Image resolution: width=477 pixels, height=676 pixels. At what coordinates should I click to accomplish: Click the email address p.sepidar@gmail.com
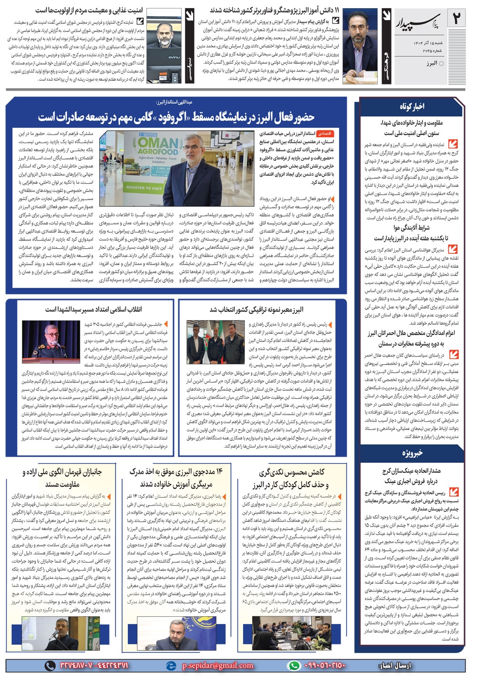click(x=218, y=666)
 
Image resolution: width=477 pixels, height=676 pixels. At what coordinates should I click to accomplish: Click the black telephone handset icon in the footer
click(x=50, y=666)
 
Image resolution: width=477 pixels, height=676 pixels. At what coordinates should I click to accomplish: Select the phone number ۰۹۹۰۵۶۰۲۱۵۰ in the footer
click(x=324, y=666)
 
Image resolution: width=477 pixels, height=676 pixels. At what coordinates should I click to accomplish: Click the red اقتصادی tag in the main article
click(x=324, y=134)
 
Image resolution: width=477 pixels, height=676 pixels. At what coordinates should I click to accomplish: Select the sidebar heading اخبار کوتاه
click(x=412, y=106)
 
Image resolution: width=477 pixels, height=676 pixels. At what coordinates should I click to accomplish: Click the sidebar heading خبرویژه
click(x=412, y=452)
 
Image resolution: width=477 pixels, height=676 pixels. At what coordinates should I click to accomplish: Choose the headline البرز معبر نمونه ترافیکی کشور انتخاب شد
click(x=257, y=310)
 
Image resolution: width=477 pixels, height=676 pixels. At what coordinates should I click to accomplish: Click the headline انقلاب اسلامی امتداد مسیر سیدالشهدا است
click(x=93, y=310)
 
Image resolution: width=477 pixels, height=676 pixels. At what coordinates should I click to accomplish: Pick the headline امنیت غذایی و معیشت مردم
click(x=89, y=10)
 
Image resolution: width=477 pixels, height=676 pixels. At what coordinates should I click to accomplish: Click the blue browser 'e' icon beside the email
click(x=171, y=666)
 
